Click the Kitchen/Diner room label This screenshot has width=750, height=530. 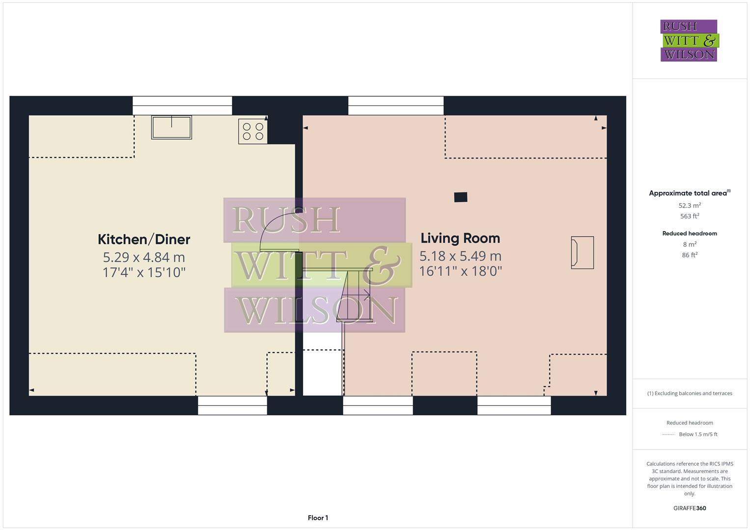(144, 239)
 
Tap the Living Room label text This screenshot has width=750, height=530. (460, 238)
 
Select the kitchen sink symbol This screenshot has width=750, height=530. (171, 127)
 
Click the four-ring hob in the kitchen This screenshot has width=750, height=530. (253, 131)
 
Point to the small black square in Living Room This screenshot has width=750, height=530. (460, 197)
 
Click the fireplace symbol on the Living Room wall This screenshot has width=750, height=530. (582, 252)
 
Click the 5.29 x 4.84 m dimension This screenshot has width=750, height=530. (144, 257)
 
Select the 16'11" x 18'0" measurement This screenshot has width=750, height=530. (460, 271)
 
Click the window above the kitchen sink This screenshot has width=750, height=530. (182, 105)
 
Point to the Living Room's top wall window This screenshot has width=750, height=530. (396, 105)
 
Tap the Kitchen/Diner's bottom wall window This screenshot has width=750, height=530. (232, 406)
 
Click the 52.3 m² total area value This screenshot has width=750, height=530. (690, 206)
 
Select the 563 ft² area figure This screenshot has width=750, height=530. (690, 216)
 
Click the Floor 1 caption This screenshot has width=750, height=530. (318, 518)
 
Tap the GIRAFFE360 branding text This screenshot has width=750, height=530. (690, 508)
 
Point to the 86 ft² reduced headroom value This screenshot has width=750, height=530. (690, 255)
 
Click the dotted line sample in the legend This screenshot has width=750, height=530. (668, 434)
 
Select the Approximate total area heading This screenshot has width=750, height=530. (689, 193)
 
